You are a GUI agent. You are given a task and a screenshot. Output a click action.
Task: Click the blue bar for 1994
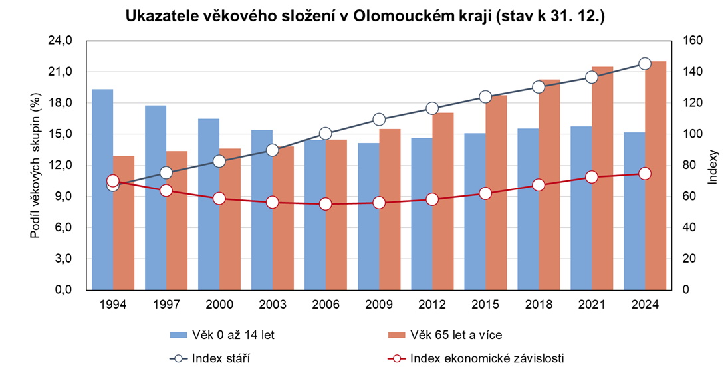pyautogui.click(x=102, y=189)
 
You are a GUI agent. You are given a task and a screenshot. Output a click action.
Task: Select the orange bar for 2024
pyautogui.click(x=656, y=176)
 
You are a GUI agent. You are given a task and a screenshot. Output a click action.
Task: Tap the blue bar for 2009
pyautogui.click(x=368, y=216)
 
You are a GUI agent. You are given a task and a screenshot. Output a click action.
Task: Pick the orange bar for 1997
pyautogui.click(x=177, y=220)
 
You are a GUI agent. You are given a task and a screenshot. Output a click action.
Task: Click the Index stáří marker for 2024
pyautogui.click(x=645, y=64)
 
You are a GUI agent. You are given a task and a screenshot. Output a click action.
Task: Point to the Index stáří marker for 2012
pyautogui.click(x=432, y=108)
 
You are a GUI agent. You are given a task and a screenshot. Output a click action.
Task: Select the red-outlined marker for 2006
pyautogui.click(x=326, y=204)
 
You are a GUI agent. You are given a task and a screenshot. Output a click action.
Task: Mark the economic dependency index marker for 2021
pyautogui.click(x=592, y=177)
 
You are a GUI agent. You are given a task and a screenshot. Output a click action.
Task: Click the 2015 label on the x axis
pyautogui.click(x=485, y=305)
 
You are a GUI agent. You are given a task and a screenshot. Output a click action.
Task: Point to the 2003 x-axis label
pyautogui.click(x=273, y=305)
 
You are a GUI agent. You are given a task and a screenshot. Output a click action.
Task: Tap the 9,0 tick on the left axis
pyautogui.click(x=64, y=196)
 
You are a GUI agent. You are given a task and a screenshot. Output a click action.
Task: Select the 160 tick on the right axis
pyautogui.click(x=686, y=41)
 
